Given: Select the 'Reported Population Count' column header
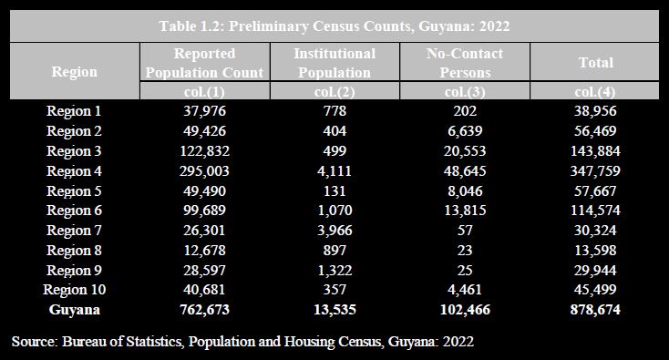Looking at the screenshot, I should (204, 63).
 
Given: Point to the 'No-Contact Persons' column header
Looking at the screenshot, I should (464, 63).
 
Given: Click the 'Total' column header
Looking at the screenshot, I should (595, 63).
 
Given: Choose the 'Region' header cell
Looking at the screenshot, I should (75, 71).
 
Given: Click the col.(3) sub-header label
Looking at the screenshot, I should (464, 92).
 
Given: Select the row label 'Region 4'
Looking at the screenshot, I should (75, 170).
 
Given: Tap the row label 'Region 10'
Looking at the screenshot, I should (75, 290).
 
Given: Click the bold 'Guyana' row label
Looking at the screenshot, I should (75, 310).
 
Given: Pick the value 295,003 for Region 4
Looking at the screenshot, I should (204, 170).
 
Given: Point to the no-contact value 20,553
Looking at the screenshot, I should (464, 150).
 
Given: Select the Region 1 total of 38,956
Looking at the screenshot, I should (595, 111).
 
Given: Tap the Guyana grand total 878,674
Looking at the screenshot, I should (595, 310).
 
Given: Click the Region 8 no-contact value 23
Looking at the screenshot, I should (464, 251).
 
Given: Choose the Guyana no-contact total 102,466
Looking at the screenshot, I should (464, 310).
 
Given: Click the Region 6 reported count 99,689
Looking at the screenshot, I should (204, 211).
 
